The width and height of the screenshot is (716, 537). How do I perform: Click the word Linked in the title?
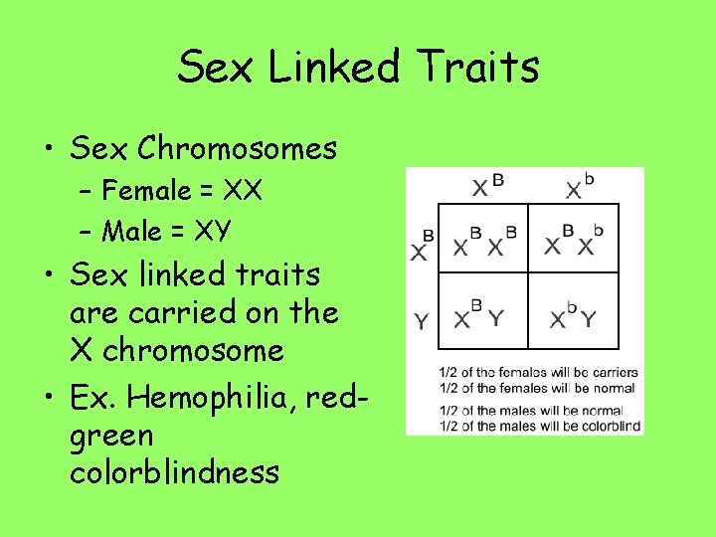(x=333, y=68)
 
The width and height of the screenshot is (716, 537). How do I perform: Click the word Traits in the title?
(x=479, y=68)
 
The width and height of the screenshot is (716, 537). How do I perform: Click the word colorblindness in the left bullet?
(x=174, y=472)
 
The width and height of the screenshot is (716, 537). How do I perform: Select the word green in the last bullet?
(x=111, y=436)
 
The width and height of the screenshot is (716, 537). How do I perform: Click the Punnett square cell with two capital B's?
(x=484, y=240)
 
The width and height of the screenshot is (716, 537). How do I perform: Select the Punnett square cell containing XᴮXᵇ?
(x=574, y=240)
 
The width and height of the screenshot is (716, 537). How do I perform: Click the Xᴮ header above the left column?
(x=486, y=186)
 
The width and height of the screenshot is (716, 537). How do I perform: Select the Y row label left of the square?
(x=422, y=321)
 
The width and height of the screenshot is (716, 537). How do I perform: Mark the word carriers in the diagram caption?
(x=612, y=373)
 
